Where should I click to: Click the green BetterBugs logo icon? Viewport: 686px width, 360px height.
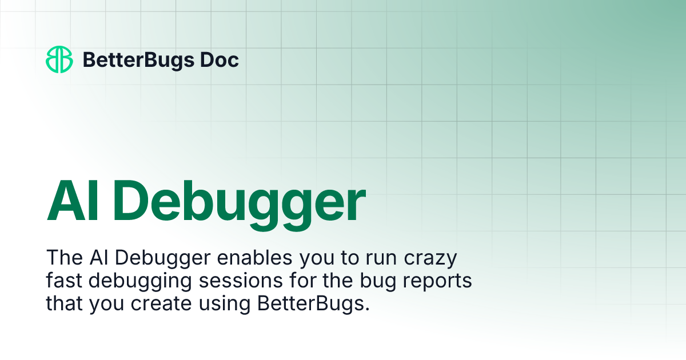click(59, 59)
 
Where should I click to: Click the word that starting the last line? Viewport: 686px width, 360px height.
click(65, 303)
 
